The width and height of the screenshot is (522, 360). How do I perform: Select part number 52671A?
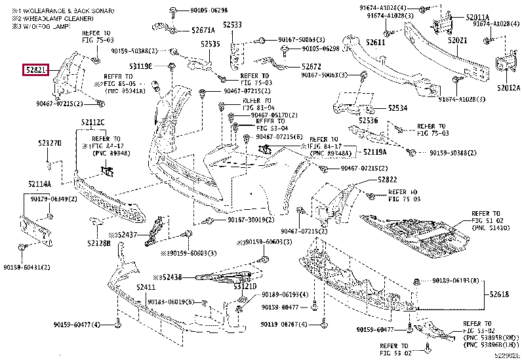[203, 30]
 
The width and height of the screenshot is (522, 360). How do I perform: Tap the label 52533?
[232, 25]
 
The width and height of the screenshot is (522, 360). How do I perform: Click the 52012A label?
[508, 87]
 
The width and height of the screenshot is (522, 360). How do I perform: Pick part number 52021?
[457, 41]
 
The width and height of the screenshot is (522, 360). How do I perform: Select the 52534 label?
[397, 108]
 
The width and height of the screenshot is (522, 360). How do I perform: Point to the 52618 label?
[498, 295]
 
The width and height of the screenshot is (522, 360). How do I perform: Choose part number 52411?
[146, 288]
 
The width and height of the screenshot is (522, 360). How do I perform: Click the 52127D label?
[49, 142]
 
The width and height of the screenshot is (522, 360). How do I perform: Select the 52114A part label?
[39, 184]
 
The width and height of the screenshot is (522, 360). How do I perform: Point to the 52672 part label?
[311, 66]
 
